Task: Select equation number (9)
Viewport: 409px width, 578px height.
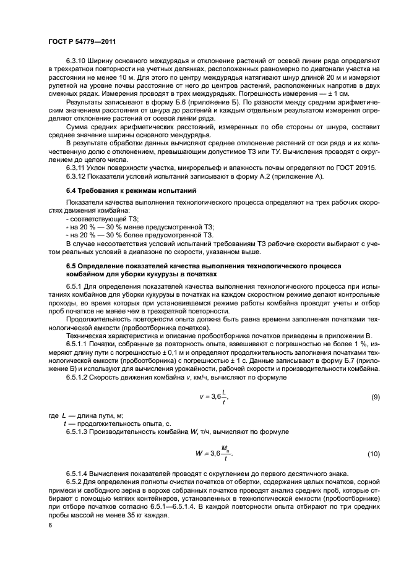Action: pyautogui.click(x=375, y=397)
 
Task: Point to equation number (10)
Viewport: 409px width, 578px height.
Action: pyautogui.click(x=374, y=454)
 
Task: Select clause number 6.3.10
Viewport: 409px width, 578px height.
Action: pyautogui.click(x=77, y=60)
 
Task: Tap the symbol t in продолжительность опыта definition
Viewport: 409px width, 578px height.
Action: pyautogui.click(x=66, y=423)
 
